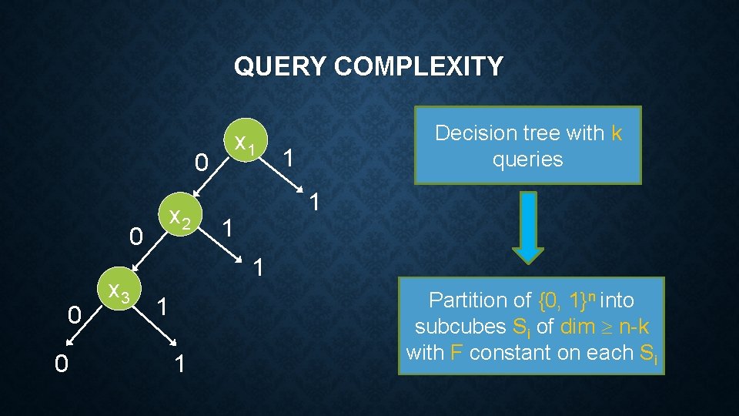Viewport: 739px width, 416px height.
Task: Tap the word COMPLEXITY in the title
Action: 419,67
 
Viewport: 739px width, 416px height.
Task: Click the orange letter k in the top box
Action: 616,133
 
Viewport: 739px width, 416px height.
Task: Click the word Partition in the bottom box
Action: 469,300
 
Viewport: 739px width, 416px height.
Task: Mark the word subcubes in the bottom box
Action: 460,327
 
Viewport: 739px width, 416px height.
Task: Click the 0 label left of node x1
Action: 201,162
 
